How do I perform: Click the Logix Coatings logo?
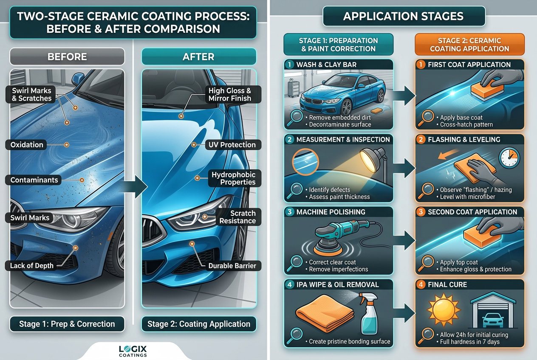pyautogui.click(x=133, y=351)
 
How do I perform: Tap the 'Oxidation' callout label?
pyautogui.click(x=26, y=145)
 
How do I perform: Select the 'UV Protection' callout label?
pyautogui.click(x=232, y=145)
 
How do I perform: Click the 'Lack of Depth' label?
pyautogui.click(x=31, y=266)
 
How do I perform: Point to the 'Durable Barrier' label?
pyautogui.click(x=232, y=266)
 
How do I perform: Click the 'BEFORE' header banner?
pyautogui.click(x=67, y=57)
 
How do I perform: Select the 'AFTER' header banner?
pyautogui.click(x=199, y=57)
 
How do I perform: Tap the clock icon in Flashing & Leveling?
pyautogui.click(x=509, y=158)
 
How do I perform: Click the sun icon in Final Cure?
pyautogui.click(x=444, y=310)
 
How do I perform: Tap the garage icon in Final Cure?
pyautogui.click(x=493, y=310)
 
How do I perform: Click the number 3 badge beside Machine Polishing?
pyautogui.click(x=290, y=212)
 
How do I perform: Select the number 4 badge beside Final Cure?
pyautogui.click(x=421, y=284)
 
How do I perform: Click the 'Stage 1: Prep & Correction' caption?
pyautogui.click(x=67, y=324)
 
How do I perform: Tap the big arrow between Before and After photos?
pyautogui.click(x=135, y=187)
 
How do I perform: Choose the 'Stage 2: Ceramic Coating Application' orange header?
pyautogui.click(x=469, y=45)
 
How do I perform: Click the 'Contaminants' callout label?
pyautogui.click(x=34, y=180)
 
